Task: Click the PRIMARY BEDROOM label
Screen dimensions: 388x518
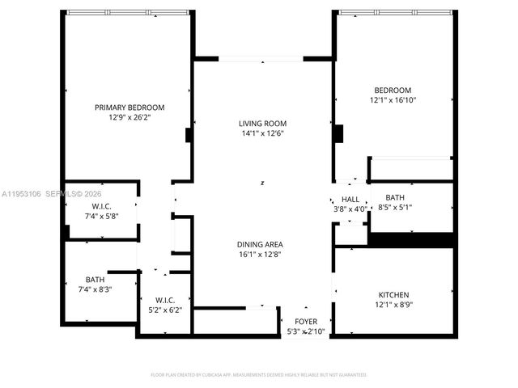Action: pos(129,108)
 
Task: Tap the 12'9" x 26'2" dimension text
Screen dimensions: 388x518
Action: pos(129,117)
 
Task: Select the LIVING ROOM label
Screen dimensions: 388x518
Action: pos(261,124)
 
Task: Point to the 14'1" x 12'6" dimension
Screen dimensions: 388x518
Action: pos(261,133)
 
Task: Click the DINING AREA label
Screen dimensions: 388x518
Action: pos(260,244)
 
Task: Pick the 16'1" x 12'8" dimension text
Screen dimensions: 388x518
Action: pos(260,254)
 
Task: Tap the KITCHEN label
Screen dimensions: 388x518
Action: pos(393,294)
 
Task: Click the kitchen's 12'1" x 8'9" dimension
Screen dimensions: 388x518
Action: pos(393,304)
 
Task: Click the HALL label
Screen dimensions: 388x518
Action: pos(350,199)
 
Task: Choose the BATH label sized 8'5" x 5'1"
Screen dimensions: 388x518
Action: pos(395,197)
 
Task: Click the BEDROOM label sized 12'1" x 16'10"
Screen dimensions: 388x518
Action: pos(393,90)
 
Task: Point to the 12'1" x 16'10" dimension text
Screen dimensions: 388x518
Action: pos(393,99)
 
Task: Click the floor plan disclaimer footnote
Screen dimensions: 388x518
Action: pos(259,374)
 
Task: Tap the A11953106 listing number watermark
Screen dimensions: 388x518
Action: pos(21,194)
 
